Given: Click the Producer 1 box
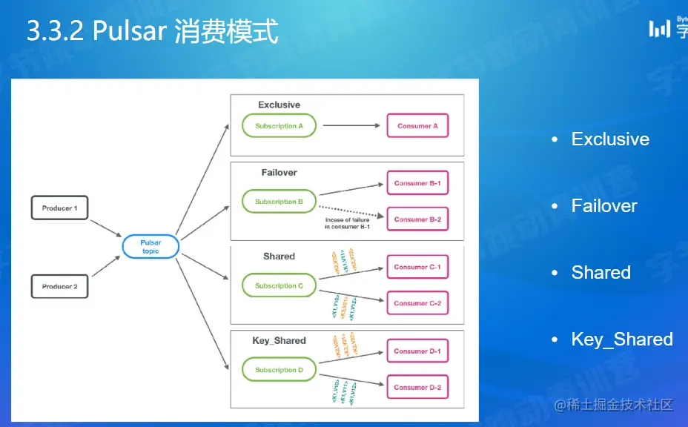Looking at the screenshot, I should pos(59,208).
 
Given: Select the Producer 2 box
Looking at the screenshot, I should pos(59,286).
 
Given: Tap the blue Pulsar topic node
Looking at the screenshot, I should pos(150,247).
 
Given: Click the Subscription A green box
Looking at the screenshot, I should pos(279,126).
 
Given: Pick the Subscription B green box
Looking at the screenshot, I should pos(279,202).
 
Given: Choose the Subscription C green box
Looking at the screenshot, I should pos(279,285).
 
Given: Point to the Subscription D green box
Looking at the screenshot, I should pos(279,370).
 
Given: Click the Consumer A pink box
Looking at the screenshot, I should pos(417,126).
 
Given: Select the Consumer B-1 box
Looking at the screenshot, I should pos(417,183).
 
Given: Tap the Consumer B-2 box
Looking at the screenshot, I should pos(417,219).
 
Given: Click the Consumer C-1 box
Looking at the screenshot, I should pos(417,267).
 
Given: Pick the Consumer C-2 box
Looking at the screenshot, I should pos(417,303).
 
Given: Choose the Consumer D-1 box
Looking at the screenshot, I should pos(417,351).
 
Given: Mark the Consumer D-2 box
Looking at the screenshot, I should pos(417,387).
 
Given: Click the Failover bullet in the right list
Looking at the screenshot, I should pos(603,206).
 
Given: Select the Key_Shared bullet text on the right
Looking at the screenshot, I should pos(621,340).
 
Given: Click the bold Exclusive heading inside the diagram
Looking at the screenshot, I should pos(279,105).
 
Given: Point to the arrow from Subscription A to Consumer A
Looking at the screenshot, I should pos(351,126).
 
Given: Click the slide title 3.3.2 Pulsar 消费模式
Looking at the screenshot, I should pos(152,32).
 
